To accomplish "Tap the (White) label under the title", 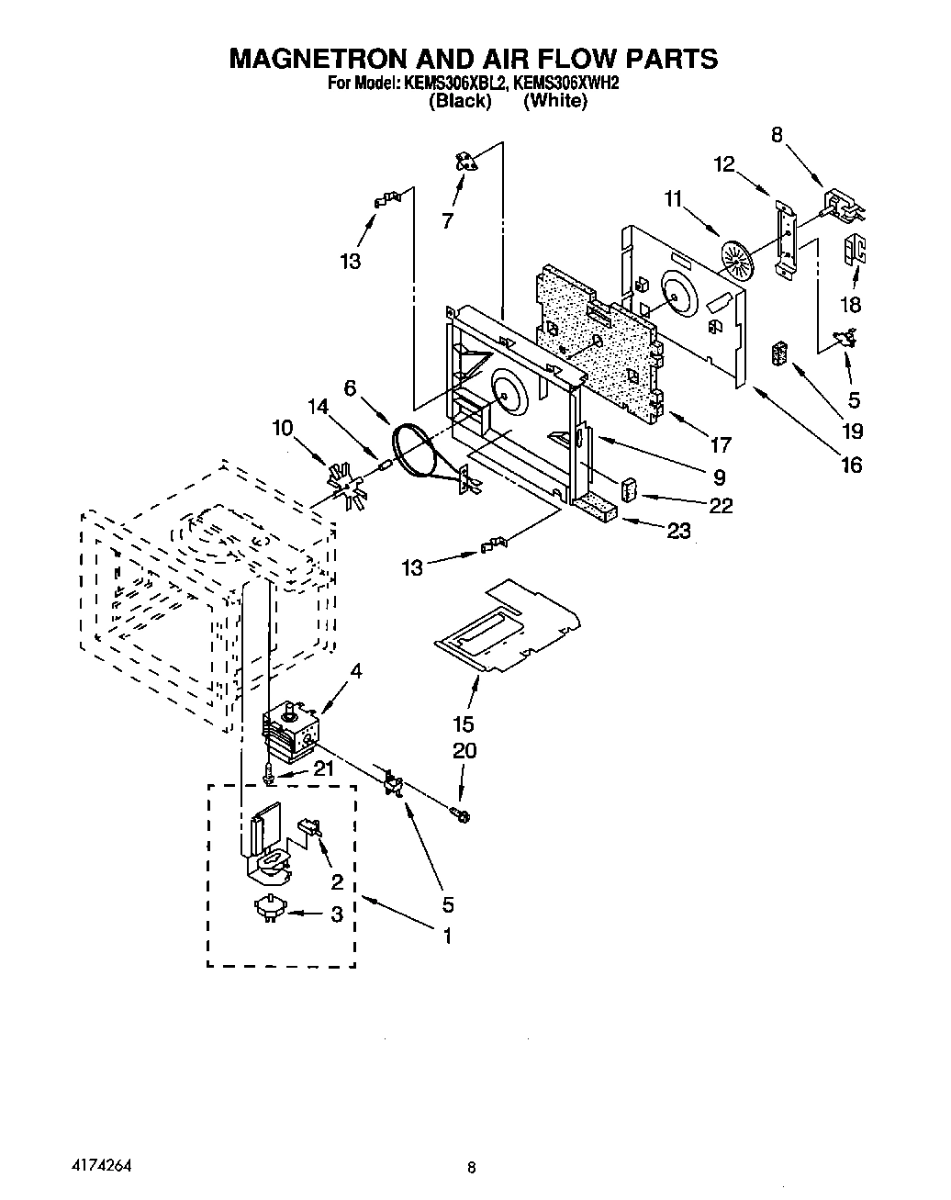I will pos(554,102).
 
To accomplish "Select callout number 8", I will pos(777,135).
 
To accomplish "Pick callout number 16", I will pos(852,465).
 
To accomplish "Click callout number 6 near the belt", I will pos(350,388).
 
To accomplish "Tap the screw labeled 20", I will pos(460,812).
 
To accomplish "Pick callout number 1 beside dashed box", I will pos(448,936).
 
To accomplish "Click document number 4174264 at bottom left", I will pos(101,1165).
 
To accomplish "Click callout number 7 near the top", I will pos(447,220).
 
